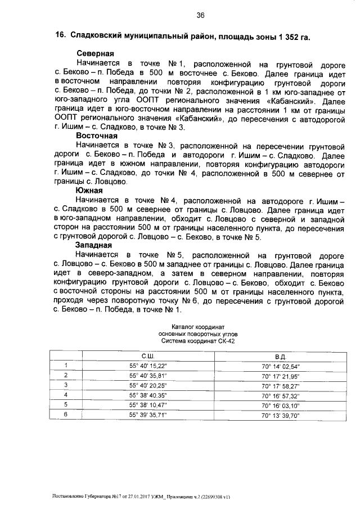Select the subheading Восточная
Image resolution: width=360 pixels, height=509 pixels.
(96, 136)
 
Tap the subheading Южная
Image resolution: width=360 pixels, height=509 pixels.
(89, 191)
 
